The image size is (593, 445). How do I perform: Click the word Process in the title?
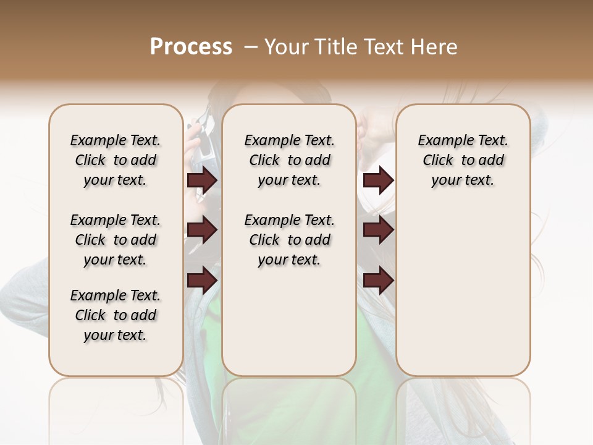coord(191,46)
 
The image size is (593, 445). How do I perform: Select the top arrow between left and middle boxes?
coord(202,180)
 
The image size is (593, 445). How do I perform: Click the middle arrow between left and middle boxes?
coord(202,231)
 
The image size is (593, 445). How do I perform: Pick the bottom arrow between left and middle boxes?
coord(202,280)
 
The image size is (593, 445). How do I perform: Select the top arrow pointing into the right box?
coord(378,180)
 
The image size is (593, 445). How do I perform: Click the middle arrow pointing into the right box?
coord(378,231)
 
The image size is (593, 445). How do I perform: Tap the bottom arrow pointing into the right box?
coord(378,280)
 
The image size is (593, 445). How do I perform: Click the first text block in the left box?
coord(116,160)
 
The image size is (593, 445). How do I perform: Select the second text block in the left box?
coord(116,240)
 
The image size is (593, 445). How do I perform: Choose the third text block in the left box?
coord(116,315)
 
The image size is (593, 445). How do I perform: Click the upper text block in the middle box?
coord(289,160)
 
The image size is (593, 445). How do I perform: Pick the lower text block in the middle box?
coord(289,240)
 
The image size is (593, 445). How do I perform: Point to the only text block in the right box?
coord(463,160)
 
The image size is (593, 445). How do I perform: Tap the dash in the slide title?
coord(250,46)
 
